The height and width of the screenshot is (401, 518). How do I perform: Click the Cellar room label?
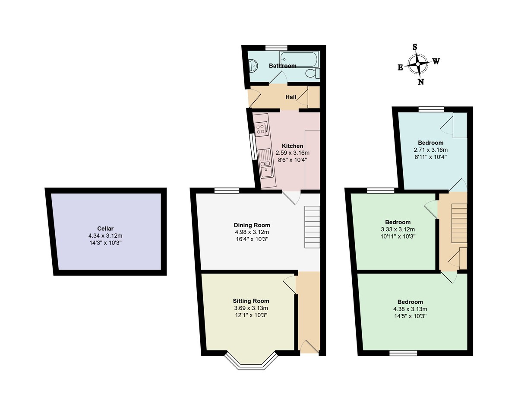(x=105, y=228)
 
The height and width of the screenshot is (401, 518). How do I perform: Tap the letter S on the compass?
(x=415, y=47)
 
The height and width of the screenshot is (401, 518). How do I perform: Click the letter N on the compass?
(x=421, y=82)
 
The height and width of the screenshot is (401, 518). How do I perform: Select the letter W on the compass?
(x=436, y=61)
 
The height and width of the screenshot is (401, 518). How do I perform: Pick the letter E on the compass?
(x=400, y=68)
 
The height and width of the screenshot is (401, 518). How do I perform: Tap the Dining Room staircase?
(x=312, y=227)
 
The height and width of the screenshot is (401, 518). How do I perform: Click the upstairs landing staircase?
(x=459, y=223)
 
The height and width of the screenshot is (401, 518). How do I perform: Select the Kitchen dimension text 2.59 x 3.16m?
(x=293, y=153)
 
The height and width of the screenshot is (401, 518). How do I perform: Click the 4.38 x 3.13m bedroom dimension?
(x=410, y=309)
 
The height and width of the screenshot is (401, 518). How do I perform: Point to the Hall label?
(x=291, y=97)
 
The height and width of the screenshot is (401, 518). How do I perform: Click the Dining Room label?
(x=252, y=225)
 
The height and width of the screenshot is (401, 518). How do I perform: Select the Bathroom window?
(x=277, y=48)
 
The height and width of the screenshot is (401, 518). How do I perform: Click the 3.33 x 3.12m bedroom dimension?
(x=398, y=229)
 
